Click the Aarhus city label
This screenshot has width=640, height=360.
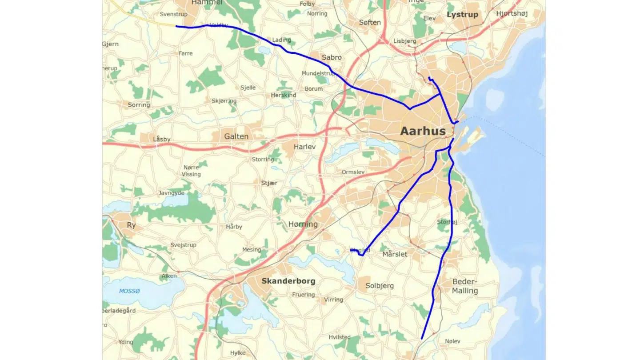click(x=423, y=131)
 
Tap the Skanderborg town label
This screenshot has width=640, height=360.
click(x=288, y=281)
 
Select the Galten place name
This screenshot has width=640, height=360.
click(x=236, y=136)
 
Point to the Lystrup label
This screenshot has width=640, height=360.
click(x=462, y=15)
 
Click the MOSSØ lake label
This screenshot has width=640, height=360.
click(x=129, y=291)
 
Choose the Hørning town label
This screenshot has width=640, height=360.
click(x=303, y=224)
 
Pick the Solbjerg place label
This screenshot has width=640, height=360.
click(x=379, y=286)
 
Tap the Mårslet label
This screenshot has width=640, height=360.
click(x=395, y=254)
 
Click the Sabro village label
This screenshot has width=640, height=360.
click(x=332, y=57)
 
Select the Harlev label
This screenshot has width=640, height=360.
click(x=304, y=147)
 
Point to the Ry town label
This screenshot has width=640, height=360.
click(x=131, y=225)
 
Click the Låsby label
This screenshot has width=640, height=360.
click(x=161, y=139)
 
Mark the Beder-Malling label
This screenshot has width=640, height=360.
click(x=465, y=286)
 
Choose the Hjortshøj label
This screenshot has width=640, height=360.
click(x=512, y=14)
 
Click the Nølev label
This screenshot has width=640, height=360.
click(x=452, y=341)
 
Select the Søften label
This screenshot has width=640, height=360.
click(x=370, y=22)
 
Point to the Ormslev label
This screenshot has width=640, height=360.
click(x=353, y=172)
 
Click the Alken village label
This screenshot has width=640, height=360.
click(x=169, y=276)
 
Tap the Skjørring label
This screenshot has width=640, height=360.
click(x=224, y=101)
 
